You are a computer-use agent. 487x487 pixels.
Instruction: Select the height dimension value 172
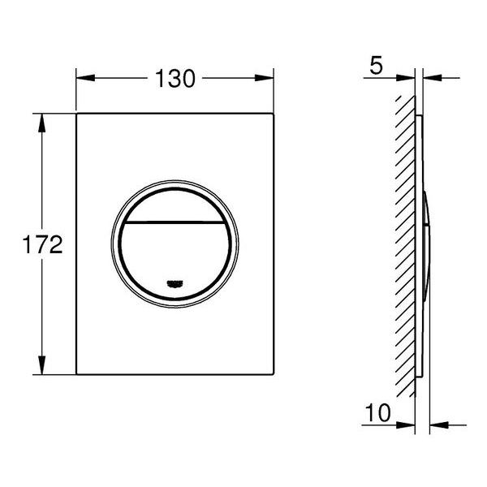[43, 245]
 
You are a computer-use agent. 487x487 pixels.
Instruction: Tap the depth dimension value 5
[374, 65]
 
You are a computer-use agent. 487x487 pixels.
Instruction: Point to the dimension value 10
[376, 414]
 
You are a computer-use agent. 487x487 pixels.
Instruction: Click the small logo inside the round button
[175, 282]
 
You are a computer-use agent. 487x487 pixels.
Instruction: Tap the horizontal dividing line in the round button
[175, 221]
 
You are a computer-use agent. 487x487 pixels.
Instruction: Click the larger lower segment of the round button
[175, 252]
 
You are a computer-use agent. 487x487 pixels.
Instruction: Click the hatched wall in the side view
[403, 243]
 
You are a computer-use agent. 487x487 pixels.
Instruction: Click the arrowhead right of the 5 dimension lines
[431, 79]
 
